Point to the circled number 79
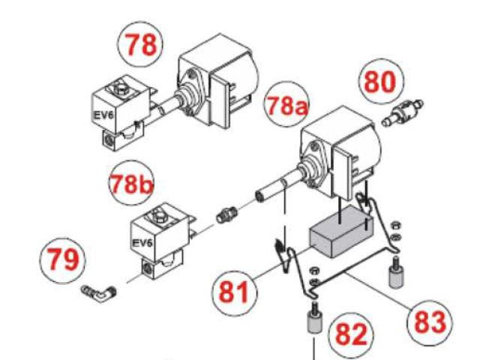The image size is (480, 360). [x=60, y=259]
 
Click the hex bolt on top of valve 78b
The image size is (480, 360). [x=159, y=218]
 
